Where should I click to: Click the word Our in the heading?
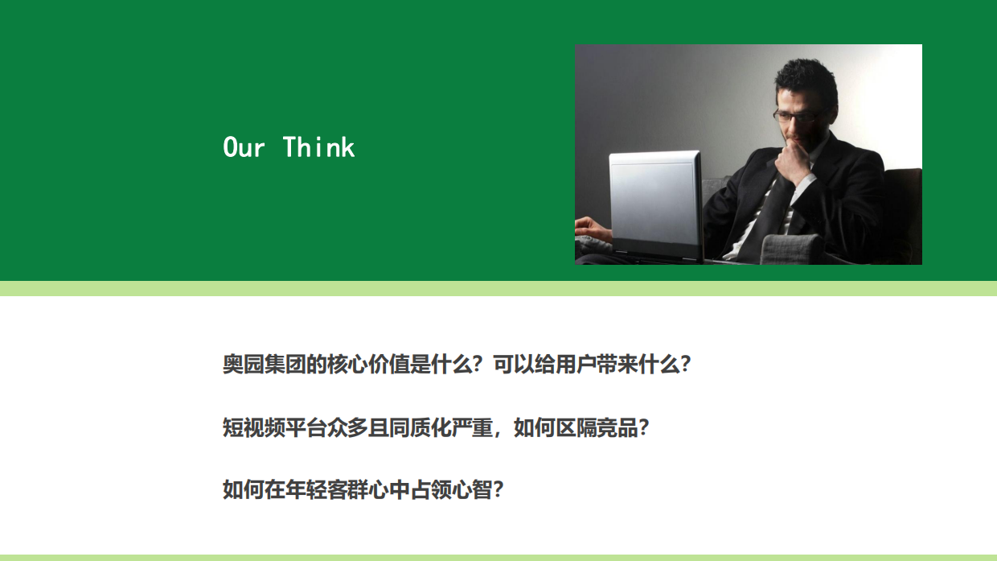[x=244, y=147]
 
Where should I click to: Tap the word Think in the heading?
[x=319, y=147]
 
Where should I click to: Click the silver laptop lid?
[x=655, y=201]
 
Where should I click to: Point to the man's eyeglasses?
[x=796, y=115]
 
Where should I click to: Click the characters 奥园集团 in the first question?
[x=265, y=365]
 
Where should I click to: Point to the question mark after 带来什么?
[x=685, y=365]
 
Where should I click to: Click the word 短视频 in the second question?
[x=254, y=427]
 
